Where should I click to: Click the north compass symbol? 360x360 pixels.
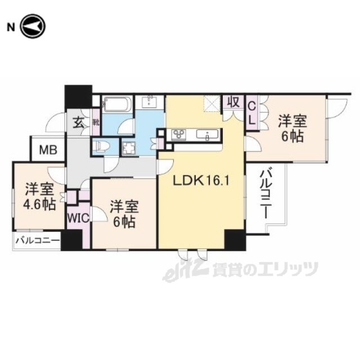(x=33, y=26)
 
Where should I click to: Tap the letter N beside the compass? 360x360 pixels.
(x=11, y=28)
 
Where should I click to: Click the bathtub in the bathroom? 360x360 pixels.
(x=118, y=104)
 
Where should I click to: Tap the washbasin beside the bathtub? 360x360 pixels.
(x=149, y=102)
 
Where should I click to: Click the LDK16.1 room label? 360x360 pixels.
(x=201, y=175)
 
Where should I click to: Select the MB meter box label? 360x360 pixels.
(x=48, y=150)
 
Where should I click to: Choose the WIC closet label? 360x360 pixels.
(x=78, y=218)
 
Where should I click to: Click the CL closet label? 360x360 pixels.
(x=252, y=113)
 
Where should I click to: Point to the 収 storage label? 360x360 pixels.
(x=234, y=102)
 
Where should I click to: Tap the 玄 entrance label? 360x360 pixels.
(x=79, y=123)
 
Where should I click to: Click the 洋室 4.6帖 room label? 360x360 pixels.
(x=40, y=196)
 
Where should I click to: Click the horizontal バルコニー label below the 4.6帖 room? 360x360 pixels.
(x=38, y=241)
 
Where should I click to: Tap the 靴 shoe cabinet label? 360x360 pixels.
(x=96, y=123)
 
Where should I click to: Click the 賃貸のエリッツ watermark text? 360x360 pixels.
(x=265, y=269)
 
